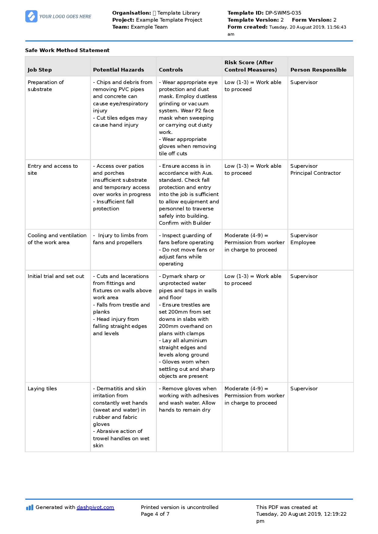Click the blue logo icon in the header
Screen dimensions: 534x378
(x=31, y=16)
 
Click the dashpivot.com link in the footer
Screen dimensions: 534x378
(x=95, y=507)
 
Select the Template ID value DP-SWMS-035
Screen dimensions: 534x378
(x=283, y=13)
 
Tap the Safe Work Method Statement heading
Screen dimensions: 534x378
(x=67, y=50)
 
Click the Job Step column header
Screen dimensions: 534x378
(x=40, y=70)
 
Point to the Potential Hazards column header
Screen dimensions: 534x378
(x=118, y=70)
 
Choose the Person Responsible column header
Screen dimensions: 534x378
(x=318, y=70)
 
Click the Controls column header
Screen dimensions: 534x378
(x=171, y=70)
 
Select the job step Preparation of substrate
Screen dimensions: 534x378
(x=46, y=86)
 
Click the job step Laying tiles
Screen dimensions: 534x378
(x=42, y=388)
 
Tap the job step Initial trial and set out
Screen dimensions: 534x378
(x=56, y=276)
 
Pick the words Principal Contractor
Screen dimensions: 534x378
(x=315, y=173)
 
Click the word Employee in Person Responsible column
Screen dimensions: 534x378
(x=303, y=242)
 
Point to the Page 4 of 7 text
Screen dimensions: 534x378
(x=155, y=514)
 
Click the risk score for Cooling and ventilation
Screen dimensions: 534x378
(x=254, y=242)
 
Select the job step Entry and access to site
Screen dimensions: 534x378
(x=52, y=169)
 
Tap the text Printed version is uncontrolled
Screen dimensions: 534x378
(x=179, y=507)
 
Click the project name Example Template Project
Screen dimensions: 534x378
(x=169, y=20)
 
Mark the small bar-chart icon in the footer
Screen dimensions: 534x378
(x=30, y=507)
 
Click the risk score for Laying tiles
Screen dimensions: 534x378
(x=254, y=395)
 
